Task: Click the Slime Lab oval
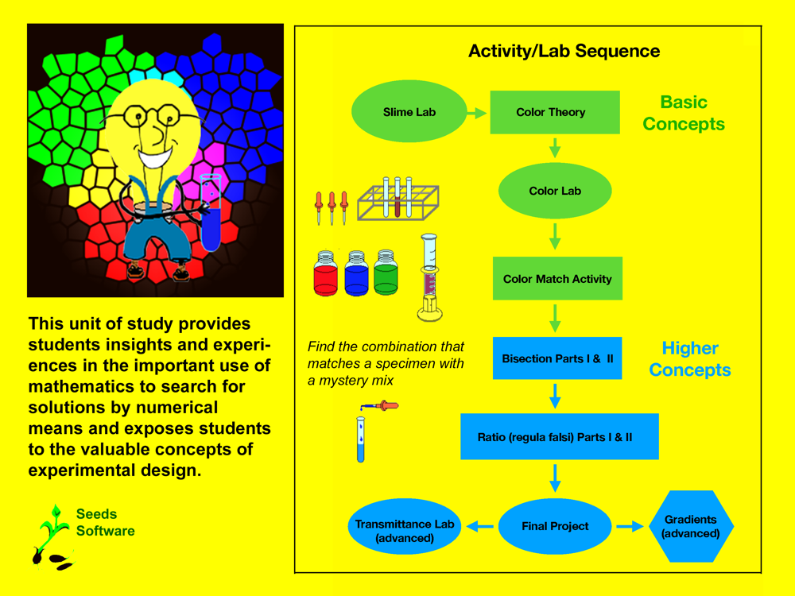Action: pos(409,112)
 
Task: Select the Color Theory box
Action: pos(555,112)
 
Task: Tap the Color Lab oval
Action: pos(555,191)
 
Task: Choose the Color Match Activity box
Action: pos(556,279)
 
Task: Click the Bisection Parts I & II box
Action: pos(556,358)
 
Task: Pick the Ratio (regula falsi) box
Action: pos(559,436)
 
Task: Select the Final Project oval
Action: pos(555,526)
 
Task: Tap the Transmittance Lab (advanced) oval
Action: pos(405,526)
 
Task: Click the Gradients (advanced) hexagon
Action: pos(690,526)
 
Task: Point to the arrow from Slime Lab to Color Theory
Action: pos(476,113)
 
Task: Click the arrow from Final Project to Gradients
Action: pos(630,526)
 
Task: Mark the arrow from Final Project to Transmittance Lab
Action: pos(480,526)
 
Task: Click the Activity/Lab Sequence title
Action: pos(564,52)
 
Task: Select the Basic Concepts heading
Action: pos(684,113)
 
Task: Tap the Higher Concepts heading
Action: pos(690,359)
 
